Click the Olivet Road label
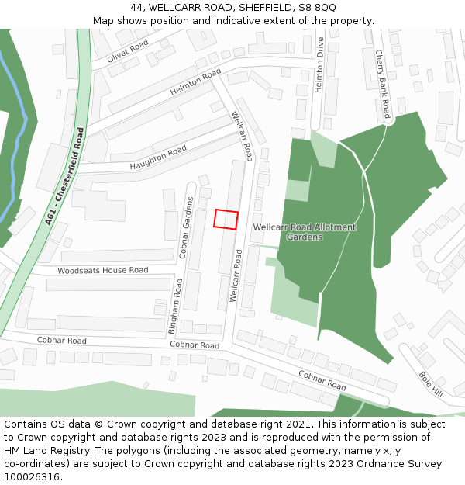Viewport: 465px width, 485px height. pyautogui.click(x=128, y=52)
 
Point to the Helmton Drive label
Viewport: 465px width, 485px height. pyautogui.click(x=319, y=67)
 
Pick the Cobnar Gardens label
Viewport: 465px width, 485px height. pyautogui.click(x=186, y=226)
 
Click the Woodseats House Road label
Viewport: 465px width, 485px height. pyautogui.click(x=102, y=270)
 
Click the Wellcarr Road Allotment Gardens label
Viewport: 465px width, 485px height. pyautogui.click(x=305, y=232)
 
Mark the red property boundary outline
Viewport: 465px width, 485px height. pyautogui.click(x=226, y=220)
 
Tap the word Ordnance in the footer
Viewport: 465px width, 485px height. pyautogui.click(x=368, y=464)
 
